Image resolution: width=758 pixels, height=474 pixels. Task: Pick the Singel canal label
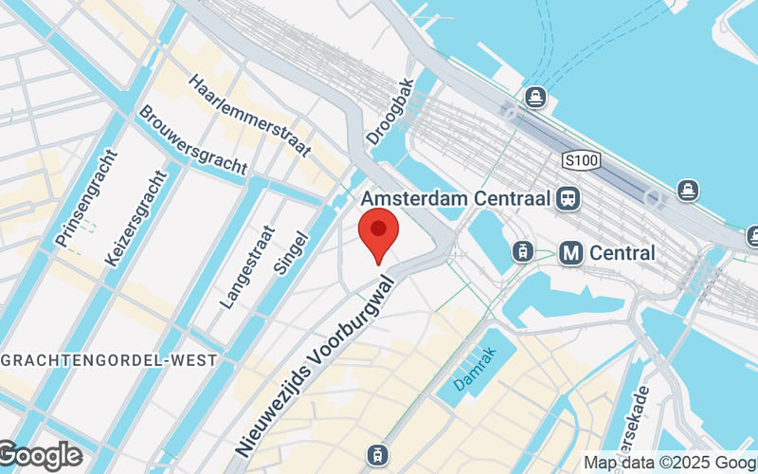pos(292,253)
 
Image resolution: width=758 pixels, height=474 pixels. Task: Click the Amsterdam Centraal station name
pos(459,198)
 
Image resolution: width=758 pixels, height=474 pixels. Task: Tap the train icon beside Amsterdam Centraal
pos(569,198)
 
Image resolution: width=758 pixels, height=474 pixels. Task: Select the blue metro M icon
pos(570,253)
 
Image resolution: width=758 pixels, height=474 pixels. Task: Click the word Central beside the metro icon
pos(622,253)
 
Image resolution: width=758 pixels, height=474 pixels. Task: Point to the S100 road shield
pos(580,160)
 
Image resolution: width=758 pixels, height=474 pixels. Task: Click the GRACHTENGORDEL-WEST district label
pos(109,360)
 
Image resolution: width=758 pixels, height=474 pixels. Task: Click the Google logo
pos(40,456)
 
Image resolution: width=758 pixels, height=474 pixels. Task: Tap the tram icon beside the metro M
pos(520,251)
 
